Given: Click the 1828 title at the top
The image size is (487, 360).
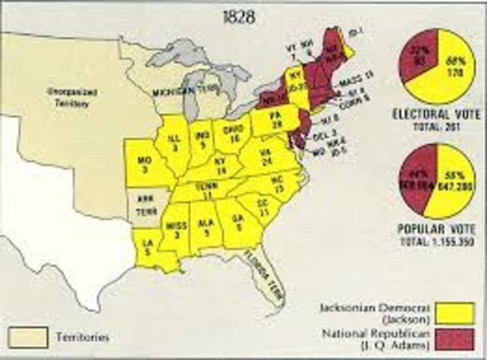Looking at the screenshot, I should click(245, 14).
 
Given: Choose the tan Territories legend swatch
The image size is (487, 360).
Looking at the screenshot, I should click(27, 335).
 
